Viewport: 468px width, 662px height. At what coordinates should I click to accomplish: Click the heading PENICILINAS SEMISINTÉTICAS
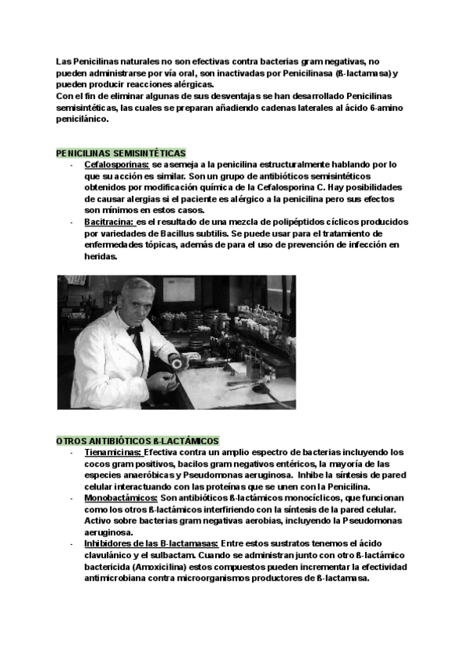pyautogui.click(x=121, y=153)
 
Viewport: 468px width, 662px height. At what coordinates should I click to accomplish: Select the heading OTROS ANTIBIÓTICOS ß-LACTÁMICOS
pyautogui.click(x=137, y=441)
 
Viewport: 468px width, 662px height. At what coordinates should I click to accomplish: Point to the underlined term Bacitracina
pyautogui.click(x=109, y=222)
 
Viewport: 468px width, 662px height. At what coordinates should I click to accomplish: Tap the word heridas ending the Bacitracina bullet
pyautogui.click(x=100, y=257)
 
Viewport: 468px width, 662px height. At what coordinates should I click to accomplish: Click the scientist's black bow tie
pyautogui.click(x=134, y=331)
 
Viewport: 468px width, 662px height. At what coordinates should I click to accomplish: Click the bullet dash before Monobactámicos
pyautogui.click(x=71, y=497)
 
